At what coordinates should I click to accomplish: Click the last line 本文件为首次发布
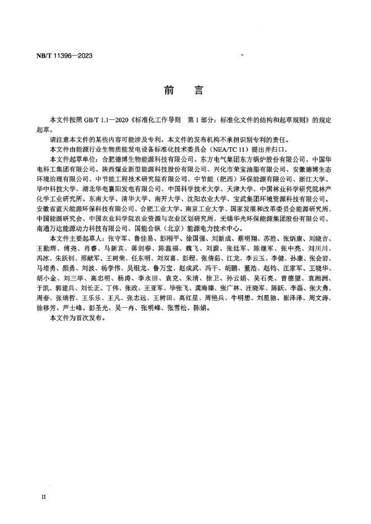click(77, 317)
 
